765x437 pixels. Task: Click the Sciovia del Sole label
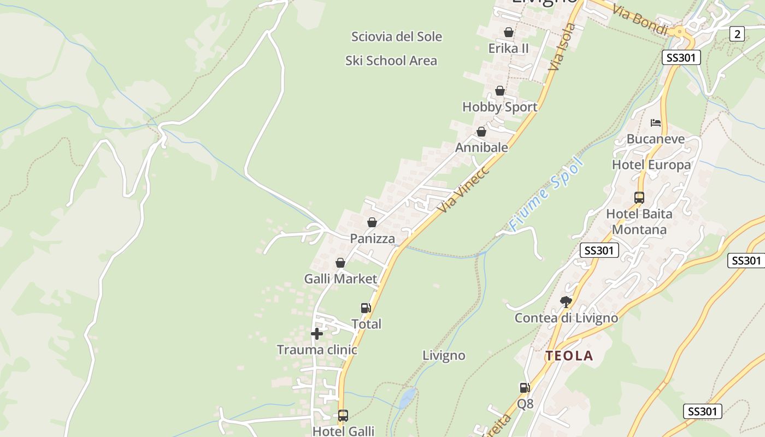point(396,37)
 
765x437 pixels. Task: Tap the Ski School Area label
point(391,61)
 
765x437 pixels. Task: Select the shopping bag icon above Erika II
point(509,32)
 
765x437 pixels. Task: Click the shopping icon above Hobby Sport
point(500,91)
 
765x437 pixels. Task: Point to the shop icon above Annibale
point(481,132)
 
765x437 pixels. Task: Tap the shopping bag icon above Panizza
point(372,222)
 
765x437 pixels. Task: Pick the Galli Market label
point(340,279)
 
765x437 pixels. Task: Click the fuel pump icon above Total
point(366,308)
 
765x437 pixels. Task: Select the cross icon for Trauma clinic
point(316,334)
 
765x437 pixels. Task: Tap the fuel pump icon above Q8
point(525,388)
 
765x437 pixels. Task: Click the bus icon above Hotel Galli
point(343,416)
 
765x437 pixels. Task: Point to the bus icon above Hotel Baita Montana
point(639,198)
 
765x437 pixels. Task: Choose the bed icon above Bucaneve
point(656,123)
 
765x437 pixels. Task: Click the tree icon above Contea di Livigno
point(566,302)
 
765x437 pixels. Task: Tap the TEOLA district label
point(569,356)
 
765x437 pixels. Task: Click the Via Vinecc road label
point(463,189)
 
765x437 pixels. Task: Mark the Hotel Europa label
point(651,165)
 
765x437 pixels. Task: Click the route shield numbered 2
point(737,34)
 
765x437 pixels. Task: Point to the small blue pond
point(408,397)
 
